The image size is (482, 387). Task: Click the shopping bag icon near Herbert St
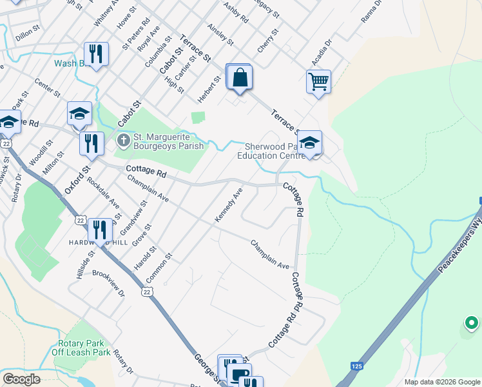(239, 78)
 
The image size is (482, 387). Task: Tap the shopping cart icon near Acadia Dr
(318, 83)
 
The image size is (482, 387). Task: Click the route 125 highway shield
(357, 366)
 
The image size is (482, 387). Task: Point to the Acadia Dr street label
(321, 52)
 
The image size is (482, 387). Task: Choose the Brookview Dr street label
(108, 283)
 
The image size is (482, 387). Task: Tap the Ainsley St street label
(220, 35)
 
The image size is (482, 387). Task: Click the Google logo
(21, 379)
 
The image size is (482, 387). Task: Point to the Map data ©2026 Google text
(441, 382)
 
